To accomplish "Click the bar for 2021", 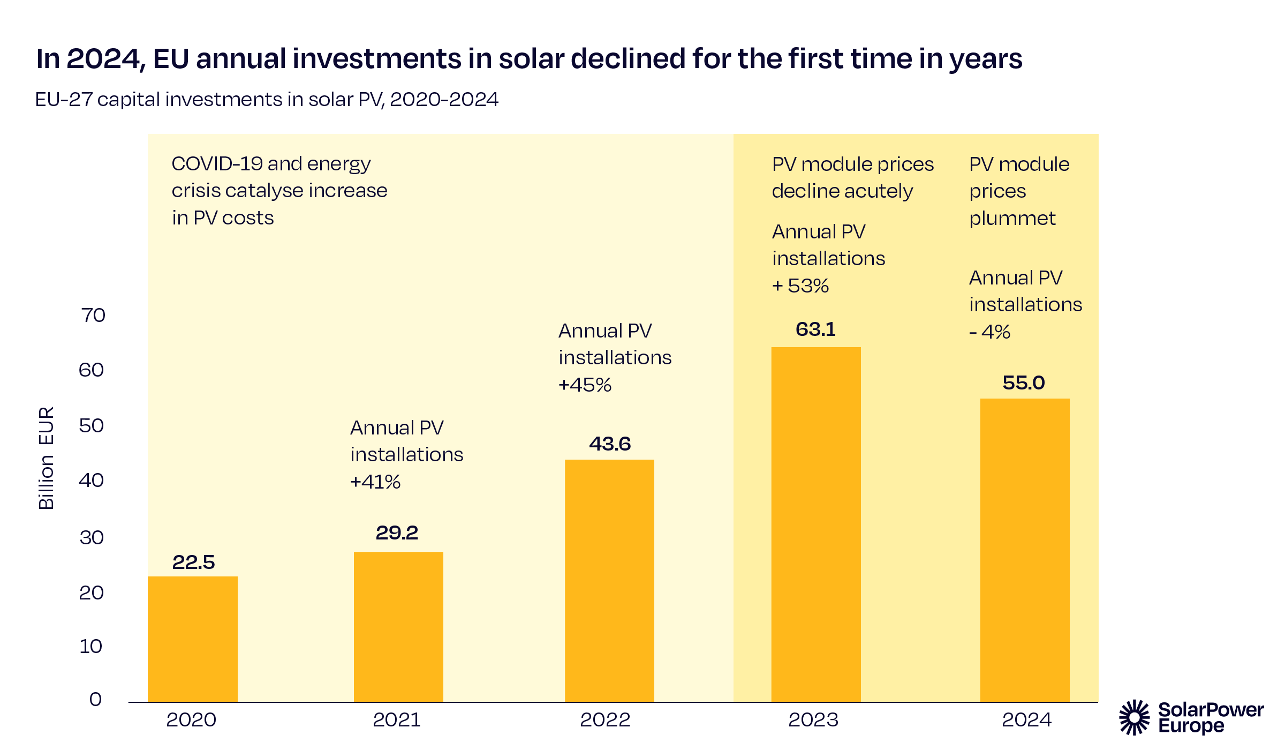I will click(x=398, y=627).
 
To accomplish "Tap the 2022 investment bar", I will click(x=609, y=581).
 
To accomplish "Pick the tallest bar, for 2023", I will click(x=816, y=524).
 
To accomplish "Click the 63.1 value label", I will click(x=815, y=329).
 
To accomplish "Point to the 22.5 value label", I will click(x=193, y=562).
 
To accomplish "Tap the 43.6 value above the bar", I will click(x=610, y=444).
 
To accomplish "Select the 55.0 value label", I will click(x=1024, y=382).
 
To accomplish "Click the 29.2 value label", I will click(x=397, y=532).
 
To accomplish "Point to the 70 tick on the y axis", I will click(x=93, y=315).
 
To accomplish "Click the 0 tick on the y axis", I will click(x=95, y=699).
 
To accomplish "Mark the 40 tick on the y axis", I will click(x=92, y=480).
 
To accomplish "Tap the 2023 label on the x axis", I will click(x=813, y=719).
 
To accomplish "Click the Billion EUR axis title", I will click(x=47, y=458).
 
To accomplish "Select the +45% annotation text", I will click(x=585, y=385).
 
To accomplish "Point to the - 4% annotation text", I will click(x=989, y=332).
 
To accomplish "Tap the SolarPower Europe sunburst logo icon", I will click(x=1134, y=717).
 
